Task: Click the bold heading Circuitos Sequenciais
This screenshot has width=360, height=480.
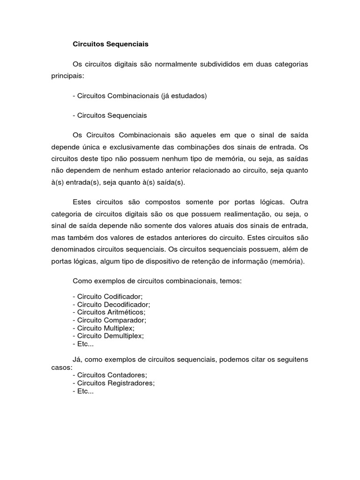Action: coord(110,44)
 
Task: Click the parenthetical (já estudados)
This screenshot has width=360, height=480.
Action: coord(184,96)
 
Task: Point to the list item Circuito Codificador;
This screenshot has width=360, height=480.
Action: coord(108,296)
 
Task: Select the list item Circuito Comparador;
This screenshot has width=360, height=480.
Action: coord(110,320)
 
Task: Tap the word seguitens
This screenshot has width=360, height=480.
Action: coord(289,360)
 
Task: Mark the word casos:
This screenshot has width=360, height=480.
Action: coord(61,367)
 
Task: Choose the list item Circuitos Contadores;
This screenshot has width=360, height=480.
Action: coord(110,375)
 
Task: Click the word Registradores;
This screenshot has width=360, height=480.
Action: coord(131,383)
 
